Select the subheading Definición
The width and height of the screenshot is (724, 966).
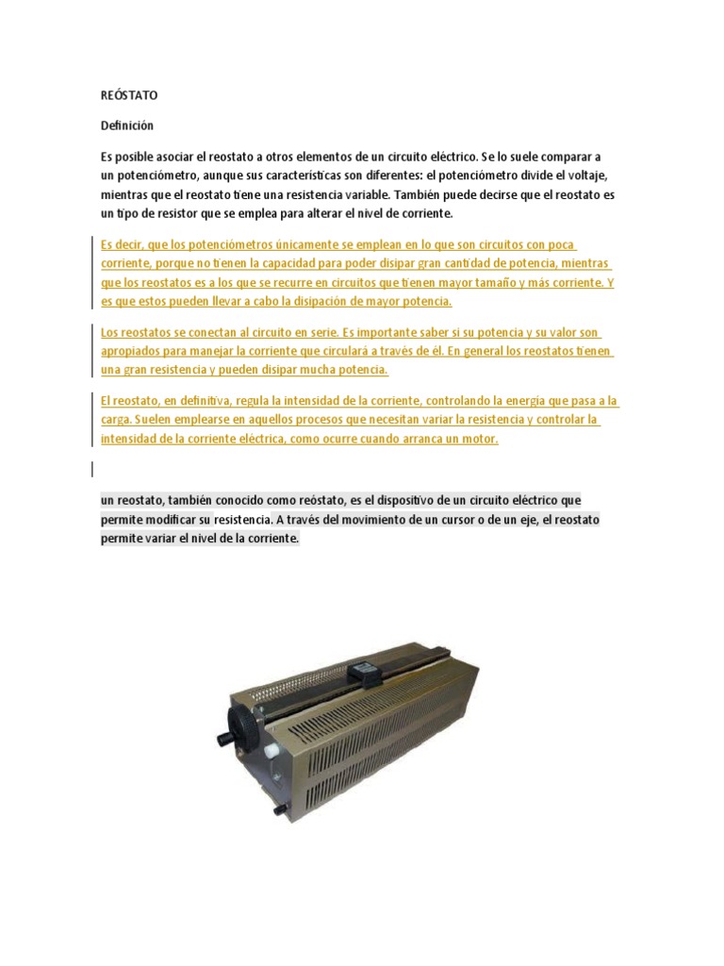(126, 125)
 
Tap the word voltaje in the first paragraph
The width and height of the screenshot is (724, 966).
(596, 175)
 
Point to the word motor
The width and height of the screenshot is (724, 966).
(477, 440)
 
